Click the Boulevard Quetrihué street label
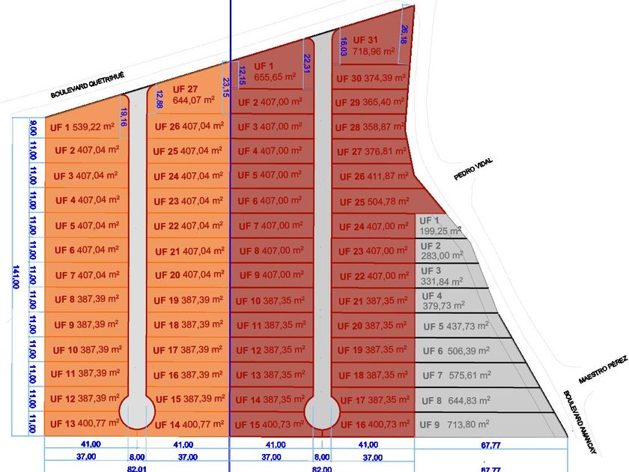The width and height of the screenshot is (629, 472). (86, 85)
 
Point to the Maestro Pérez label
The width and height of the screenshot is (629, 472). (602, 371)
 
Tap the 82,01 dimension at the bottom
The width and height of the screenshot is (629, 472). (137, 468)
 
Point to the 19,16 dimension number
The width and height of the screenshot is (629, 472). (124, 118)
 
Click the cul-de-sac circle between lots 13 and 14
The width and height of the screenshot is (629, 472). (137, 413)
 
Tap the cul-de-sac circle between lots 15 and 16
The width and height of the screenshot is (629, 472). (322, 413)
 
